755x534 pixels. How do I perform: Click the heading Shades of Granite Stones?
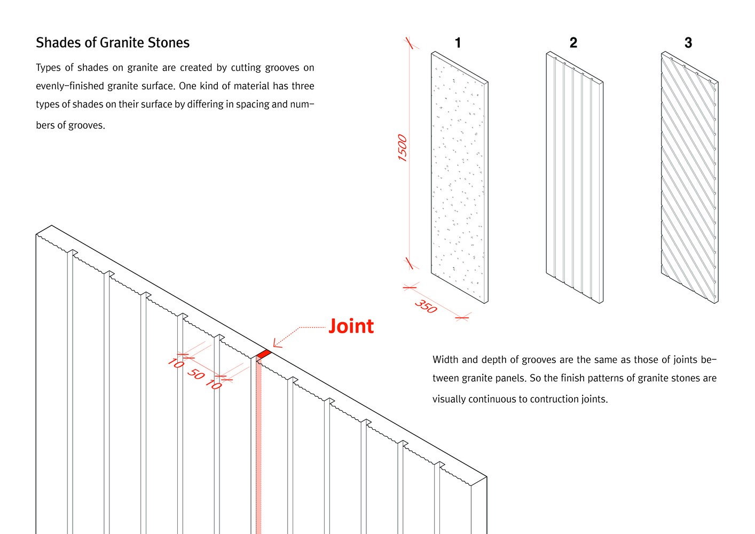coord(113,43)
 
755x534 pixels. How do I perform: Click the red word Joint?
coord(351,326)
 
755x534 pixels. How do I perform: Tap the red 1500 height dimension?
coord(403,148)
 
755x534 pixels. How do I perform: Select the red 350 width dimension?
coord(426,307)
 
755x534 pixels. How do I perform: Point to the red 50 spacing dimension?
coord(196,374)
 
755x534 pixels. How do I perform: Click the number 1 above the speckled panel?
coord(458,43)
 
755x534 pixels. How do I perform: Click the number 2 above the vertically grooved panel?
coord(573,43)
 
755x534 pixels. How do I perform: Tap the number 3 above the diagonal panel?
coord(688,43)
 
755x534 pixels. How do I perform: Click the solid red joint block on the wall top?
coord(264,354)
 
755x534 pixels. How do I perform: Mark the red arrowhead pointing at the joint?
coord(277,342)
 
